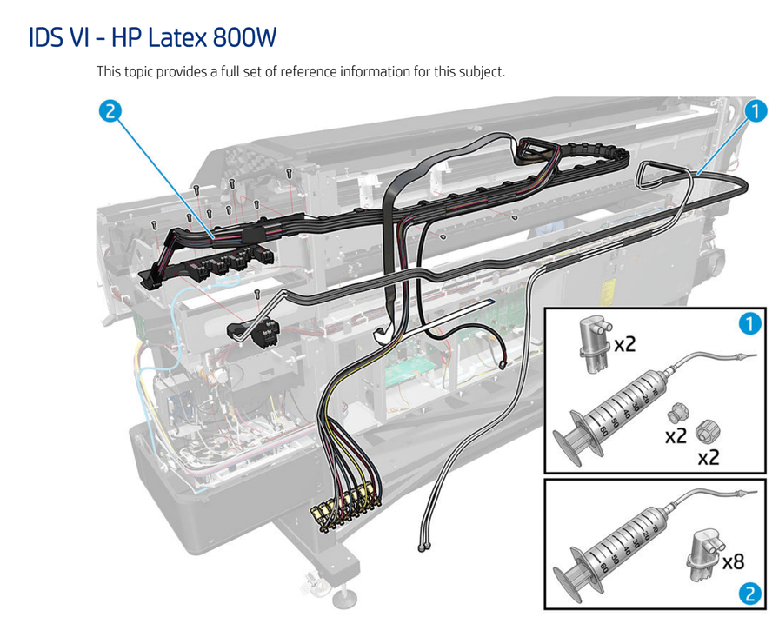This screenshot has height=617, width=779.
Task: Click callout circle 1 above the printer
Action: (755, 111)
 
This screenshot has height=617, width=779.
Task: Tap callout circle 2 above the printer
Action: (110, 111)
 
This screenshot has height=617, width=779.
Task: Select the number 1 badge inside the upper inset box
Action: (749, 324)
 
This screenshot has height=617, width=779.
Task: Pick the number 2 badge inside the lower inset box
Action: (749, 594)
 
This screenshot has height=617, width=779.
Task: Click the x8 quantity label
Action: (732, 561)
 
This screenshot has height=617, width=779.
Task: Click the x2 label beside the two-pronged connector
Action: (626, 344)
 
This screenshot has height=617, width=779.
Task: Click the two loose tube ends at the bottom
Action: (425, 545)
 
